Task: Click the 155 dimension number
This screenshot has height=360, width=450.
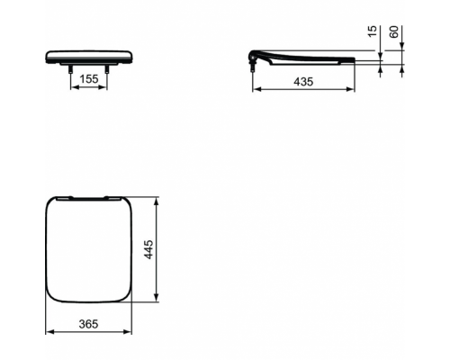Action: pyautogui.click(x=88, y=79)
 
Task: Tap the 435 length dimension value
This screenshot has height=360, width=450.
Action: pyautogui.click(x=302, y=81)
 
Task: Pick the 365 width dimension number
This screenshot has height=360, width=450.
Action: pyautogui.click(x=87, y=324)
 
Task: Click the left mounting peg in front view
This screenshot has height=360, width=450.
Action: pyautogui.click(x=70, y=67)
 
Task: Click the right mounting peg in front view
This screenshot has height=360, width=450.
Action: pyautogui.click(x=107, y=67)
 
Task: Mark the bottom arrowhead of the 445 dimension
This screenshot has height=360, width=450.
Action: pyautogui.click(x=158, y=301)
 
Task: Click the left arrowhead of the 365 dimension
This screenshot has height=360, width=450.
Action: pyautogui.click(x=48, y=332)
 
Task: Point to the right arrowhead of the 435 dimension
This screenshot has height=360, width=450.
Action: pyautogui.click(x=355, y=90)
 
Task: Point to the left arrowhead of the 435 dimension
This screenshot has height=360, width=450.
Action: pyautogui.click(x=253, y=90)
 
